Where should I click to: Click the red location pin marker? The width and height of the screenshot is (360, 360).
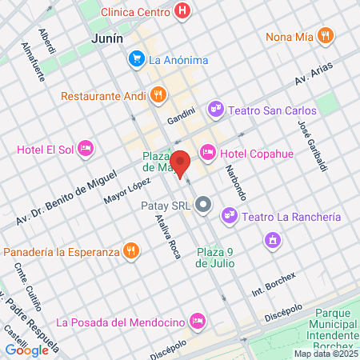point(180,163)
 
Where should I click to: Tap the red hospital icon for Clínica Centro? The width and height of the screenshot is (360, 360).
point(183,11)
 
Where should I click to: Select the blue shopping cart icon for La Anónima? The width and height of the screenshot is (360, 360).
point(137,58)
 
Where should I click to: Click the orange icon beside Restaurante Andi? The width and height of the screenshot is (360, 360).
point(158,94)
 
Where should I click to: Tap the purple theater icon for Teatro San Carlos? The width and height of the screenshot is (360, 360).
point(214,108)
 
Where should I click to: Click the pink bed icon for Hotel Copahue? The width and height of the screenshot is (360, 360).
point(208,152)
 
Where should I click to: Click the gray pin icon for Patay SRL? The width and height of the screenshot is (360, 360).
point(203,205)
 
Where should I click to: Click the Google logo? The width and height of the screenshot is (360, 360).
point(26,349)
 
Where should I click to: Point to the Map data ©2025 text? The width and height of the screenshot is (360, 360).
point(325,354)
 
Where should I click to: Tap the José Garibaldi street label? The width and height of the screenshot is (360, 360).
point(313,144)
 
